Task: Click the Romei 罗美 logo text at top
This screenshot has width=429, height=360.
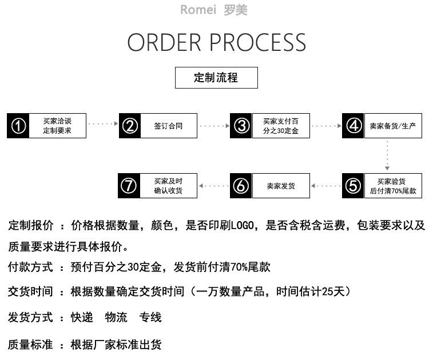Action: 214,10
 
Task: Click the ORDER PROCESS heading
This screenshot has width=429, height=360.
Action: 216,43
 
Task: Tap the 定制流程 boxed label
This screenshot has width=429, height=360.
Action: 216,78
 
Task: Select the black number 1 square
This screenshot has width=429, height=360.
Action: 18,126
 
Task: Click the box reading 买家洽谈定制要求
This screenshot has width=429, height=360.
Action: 57,126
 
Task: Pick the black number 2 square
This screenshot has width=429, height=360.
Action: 130,126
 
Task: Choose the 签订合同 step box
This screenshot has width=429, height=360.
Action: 168,126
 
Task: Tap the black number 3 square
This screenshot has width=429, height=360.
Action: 241,126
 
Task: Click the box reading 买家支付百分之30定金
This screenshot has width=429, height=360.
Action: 280,126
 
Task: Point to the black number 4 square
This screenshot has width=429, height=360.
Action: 353,126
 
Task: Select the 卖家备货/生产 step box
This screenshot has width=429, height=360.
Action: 392,126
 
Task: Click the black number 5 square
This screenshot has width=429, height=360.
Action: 353,186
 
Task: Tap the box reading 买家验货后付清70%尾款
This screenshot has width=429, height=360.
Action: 392,186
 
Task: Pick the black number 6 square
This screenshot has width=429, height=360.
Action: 241,186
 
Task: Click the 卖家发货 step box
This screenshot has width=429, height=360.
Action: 280,186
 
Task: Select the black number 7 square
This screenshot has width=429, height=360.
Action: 130,186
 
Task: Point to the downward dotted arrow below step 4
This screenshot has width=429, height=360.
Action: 388,154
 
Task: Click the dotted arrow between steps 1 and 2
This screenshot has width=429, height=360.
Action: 102,123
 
